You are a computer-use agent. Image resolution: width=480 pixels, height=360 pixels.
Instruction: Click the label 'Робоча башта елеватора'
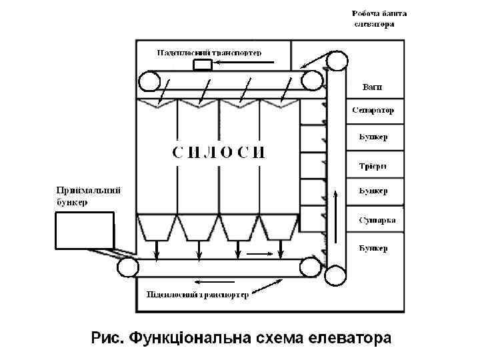tap(378, 19)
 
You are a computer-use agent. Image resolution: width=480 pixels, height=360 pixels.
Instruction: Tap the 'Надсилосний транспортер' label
tap(209, 52)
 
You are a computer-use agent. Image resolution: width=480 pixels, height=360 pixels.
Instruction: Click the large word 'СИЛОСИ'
tap(219, 152)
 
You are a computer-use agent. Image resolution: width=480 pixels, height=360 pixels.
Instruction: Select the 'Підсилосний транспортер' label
tap(197, 295)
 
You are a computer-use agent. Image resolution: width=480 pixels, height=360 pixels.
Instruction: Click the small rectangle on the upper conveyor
tap(202, 65)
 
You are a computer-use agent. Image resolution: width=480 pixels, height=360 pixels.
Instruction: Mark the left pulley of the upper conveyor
tap(149, 81)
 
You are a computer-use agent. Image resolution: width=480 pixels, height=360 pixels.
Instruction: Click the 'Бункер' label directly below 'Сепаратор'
tap(373, 137)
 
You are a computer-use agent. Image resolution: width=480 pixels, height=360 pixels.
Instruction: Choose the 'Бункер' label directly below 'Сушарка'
tap(373, 248)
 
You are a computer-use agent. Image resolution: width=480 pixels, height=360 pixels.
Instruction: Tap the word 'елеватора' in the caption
tap(351, 338)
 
